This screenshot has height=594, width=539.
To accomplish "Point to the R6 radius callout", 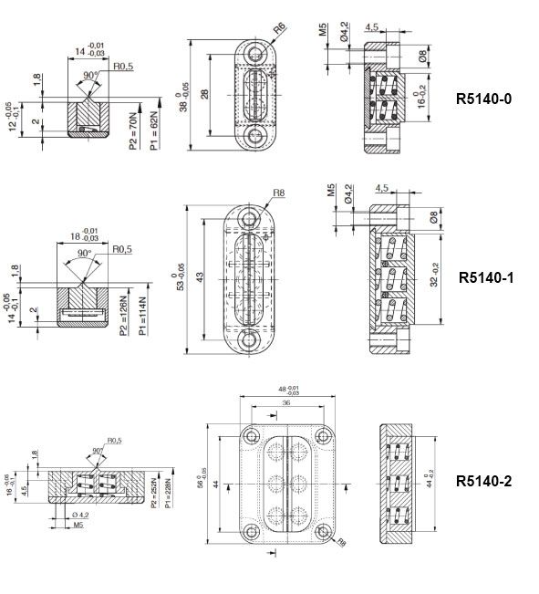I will tap(280, 29).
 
